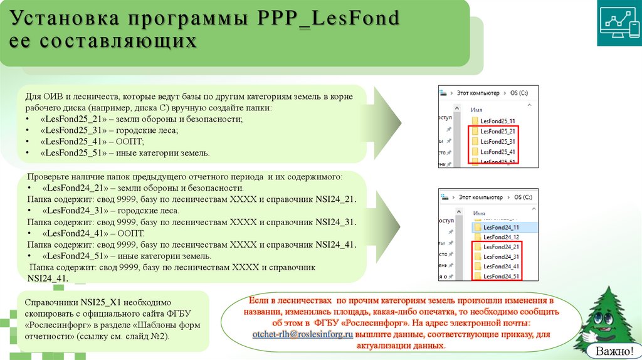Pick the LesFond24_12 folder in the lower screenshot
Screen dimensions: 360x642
coord(498,237)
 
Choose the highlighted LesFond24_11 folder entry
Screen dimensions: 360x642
coord(498,227)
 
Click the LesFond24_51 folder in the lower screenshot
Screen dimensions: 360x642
coord(498,277)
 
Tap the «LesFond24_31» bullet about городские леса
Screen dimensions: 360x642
coord(110,211)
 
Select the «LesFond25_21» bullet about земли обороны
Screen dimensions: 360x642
coord(140,119)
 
